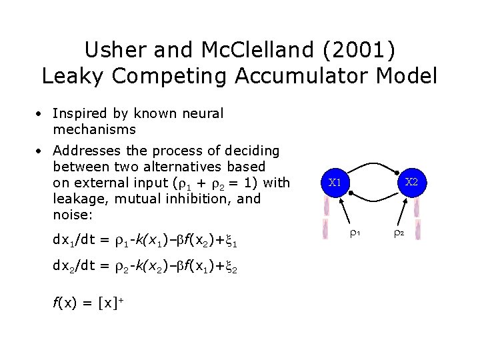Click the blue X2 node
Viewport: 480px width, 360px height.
[411, 182]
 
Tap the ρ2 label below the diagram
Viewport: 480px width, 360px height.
[398, 234]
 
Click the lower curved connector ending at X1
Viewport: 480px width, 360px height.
[373, 199]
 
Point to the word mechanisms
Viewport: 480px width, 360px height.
[94, 129]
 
